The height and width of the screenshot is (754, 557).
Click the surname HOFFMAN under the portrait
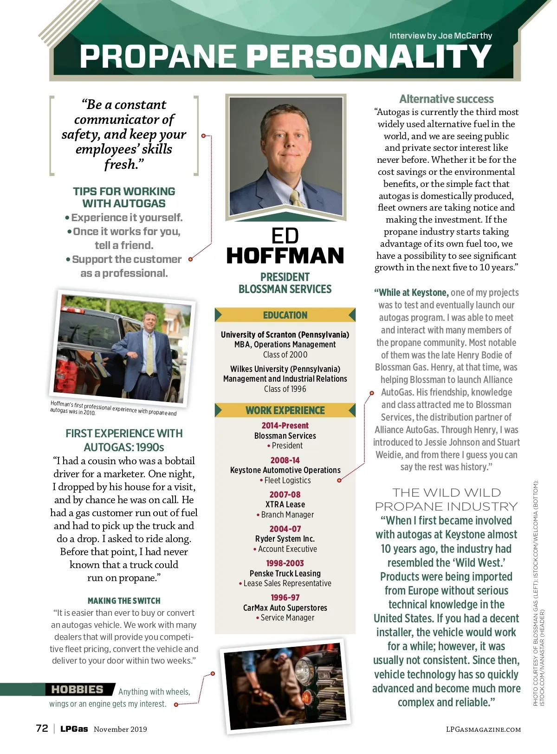click(285, 256)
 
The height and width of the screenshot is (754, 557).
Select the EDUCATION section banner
click(285, 315)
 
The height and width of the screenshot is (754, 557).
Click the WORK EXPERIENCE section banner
click(285, 410)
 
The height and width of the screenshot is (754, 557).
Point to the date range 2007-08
click(285, 494)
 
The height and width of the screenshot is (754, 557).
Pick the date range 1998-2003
click(285, 563)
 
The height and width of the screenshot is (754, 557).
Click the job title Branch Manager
click(287, 515)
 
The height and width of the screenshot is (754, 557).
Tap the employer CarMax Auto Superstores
click(285, 607)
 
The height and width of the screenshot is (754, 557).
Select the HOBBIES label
click(77, 690)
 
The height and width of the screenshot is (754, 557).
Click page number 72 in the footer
click(42, 728)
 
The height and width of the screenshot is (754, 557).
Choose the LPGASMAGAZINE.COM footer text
click(483, 729)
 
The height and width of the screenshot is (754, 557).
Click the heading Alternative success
click(446, 99)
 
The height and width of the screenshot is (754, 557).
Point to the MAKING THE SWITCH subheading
click(124, 601)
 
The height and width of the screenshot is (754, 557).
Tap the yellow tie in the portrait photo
click(296, 198)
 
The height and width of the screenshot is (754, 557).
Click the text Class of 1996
click(285, 389)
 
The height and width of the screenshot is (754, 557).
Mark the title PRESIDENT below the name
click(285, 277)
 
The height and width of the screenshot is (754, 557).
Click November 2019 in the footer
click(120, 729)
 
